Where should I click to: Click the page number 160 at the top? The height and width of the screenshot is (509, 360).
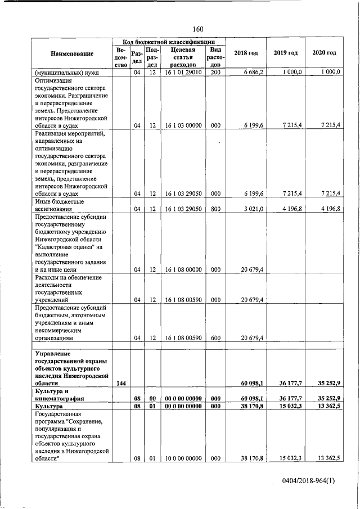pos(197,29)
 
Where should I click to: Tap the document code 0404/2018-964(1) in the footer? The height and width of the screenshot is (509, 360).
pos(309,481)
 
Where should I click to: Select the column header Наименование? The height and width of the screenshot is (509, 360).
pos(71,53)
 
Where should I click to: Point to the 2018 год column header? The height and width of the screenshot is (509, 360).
pos(246,53)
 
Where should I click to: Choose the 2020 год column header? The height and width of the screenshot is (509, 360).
pos(324,53)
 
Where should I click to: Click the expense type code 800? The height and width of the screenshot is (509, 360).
pos(215,209)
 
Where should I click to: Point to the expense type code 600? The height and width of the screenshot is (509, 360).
pos(215,339)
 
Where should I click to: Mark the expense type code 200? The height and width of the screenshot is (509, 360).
pos(215,73)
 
